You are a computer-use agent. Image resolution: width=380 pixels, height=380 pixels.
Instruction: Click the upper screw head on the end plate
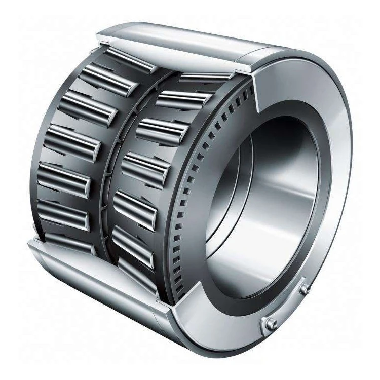point(305,288)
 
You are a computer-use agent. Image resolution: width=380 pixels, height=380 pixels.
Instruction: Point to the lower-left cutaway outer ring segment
point(101,284)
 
